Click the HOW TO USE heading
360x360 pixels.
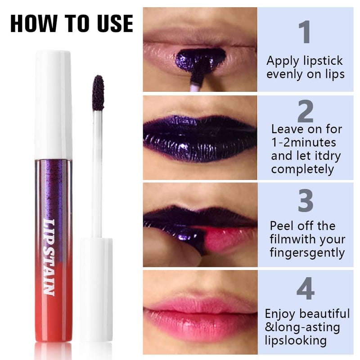72,23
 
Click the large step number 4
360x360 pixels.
306,289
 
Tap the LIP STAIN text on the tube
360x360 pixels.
49,256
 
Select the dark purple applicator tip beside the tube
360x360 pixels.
98,93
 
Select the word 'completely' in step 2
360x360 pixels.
303,169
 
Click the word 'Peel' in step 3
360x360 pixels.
282,225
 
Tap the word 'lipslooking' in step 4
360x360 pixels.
296,340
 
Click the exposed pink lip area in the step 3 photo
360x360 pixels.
225,238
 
